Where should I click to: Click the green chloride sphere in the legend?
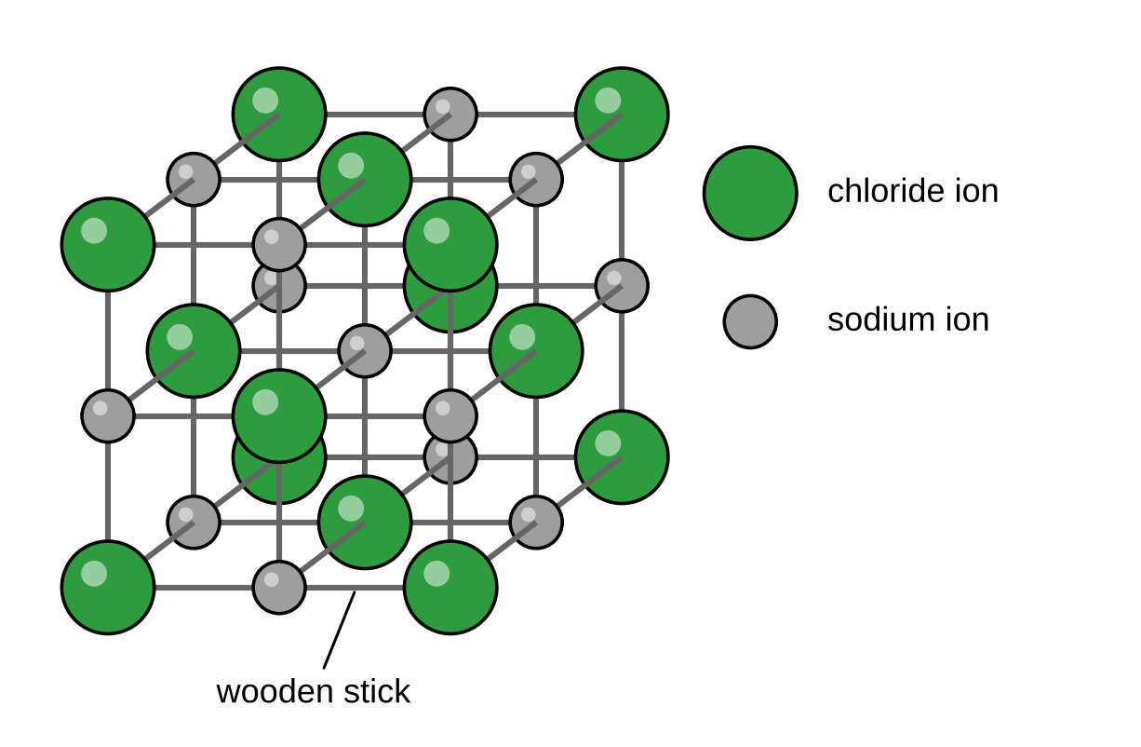click(750, 193)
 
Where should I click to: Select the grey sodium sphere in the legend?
click(750, 321)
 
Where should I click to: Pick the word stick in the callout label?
click(377, 691)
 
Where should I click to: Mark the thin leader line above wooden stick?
click(340, 630)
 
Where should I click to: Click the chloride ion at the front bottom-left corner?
click(108, 588)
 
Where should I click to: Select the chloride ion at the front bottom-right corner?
click(450, 588)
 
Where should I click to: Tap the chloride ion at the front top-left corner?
click(108, 245)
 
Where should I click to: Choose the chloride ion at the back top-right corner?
click(622, 115)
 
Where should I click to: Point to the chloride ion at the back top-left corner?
click(279, 115)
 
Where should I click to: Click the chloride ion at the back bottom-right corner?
click(622, 457)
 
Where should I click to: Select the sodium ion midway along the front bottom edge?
click(279, 588)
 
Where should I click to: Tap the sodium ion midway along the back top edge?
click(450, 115)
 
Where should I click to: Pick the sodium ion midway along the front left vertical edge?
click(108, 416)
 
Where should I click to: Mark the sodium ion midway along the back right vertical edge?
click(622, 286)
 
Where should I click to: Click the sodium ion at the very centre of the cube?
click(365, 351)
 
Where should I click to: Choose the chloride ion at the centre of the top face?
click(365, 180)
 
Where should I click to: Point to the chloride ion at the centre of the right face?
click(536, 351)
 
